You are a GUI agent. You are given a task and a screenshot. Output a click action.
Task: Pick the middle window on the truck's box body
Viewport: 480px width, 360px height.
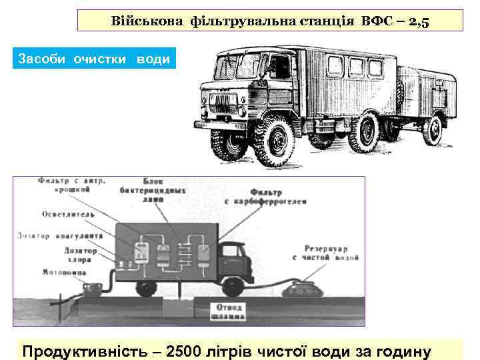coord(356,65)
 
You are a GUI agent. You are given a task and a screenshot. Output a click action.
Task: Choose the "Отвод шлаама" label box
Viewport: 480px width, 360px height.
coord(228,311)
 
